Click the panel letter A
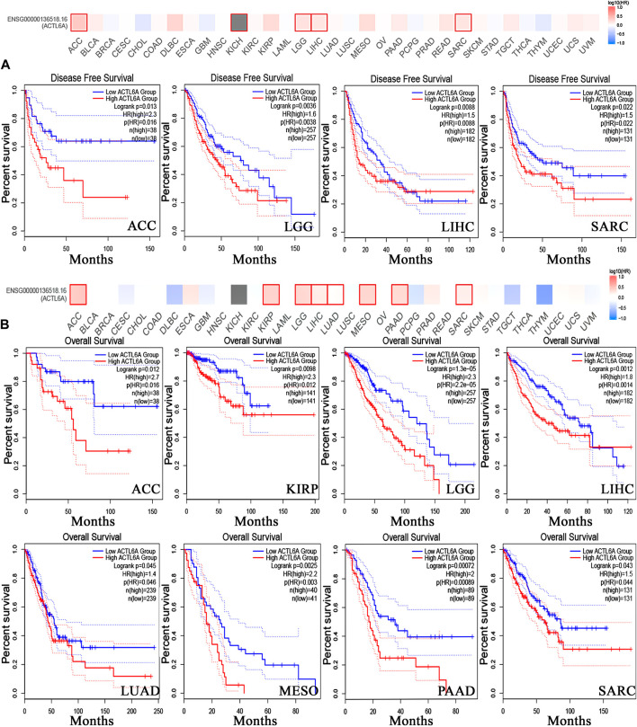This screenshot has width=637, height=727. (x=8, y=66)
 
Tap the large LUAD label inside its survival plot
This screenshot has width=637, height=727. (x=129, y=692)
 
